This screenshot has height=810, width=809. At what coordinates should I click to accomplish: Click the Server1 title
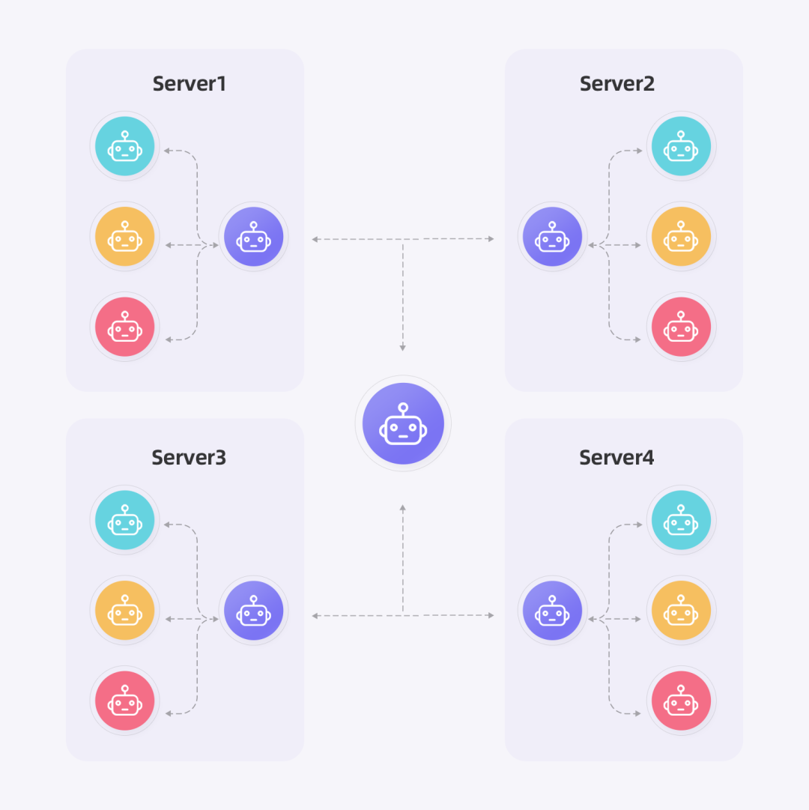[x=189, y=84]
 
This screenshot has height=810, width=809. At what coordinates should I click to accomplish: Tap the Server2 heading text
[x=617, y=84]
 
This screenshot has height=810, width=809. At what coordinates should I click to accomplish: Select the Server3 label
[x=189, y=457]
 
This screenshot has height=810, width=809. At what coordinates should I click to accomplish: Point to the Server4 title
[x=616, y=457]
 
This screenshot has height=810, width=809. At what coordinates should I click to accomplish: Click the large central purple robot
[x=403, y=423]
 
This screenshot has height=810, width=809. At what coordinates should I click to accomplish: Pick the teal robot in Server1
[x=125, y=146]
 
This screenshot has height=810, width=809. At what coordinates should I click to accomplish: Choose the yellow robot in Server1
[x=125, y=237]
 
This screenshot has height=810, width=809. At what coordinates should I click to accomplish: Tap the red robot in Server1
[x=125, y=327]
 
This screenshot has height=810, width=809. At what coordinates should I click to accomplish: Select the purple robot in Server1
[x=253, y=237]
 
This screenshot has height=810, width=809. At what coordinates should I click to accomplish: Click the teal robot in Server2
[x=681, y=146]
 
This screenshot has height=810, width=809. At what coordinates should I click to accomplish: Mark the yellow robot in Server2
[x=681, y=237]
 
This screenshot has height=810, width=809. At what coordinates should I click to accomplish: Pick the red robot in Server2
[x=681, y=327]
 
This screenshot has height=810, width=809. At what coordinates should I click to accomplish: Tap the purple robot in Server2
[x=552, y=237]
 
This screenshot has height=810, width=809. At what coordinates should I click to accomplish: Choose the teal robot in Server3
[x=125, y=520]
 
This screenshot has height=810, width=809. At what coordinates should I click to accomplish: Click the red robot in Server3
[x=125, y=701]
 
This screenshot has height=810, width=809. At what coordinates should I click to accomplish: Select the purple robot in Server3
[x=253, y=610]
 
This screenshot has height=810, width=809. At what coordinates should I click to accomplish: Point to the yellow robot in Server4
[x=681, y=610]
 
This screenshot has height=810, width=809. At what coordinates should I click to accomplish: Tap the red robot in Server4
[x=681, y=701]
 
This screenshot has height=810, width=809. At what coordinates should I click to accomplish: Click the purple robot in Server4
[x=552, y=610]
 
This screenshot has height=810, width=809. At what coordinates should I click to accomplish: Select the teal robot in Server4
[x=681, y=520]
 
